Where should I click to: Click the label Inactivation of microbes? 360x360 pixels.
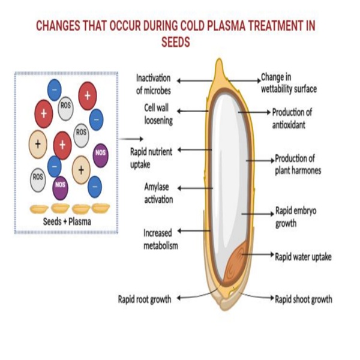(153, 85)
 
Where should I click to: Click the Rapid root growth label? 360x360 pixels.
(145, 298)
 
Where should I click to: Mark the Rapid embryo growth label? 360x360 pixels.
(294, 217)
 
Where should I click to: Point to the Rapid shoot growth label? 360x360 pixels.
(303, 298)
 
